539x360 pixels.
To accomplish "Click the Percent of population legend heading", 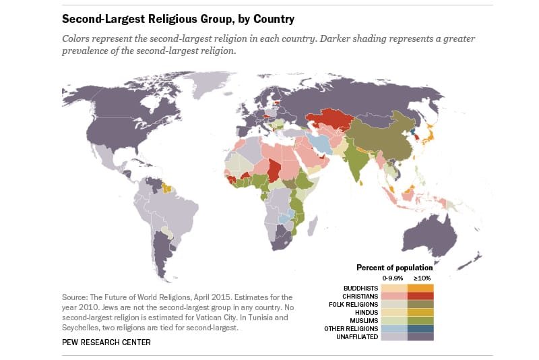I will [394, 267].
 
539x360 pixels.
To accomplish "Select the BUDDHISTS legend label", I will [361, 287].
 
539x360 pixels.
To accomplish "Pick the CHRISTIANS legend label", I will [361, 295].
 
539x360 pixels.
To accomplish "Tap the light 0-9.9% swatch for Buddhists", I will [393, 287].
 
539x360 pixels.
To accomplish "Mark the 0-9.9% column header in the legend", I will [393, 278].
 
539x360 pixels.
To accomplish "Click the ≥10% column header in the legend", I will [420, 278].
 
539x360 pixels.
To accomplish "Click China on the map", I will [384, 135].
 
